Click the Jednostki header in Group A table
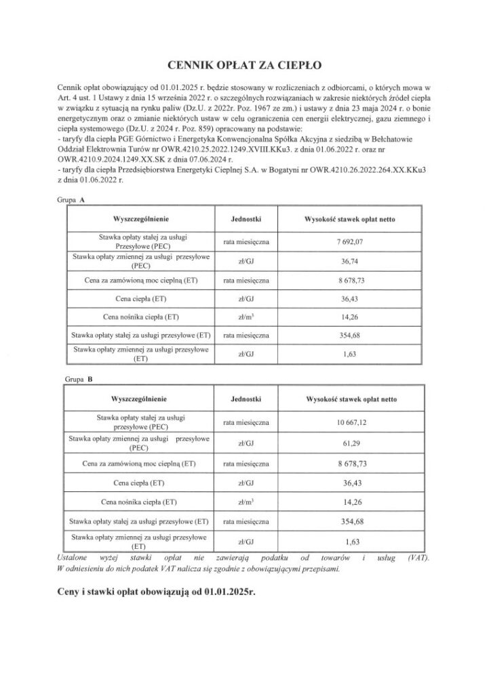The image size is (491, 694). [x=246, y=221]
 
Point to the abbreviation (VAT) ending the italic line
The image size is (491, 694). [x=420, y=558]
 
